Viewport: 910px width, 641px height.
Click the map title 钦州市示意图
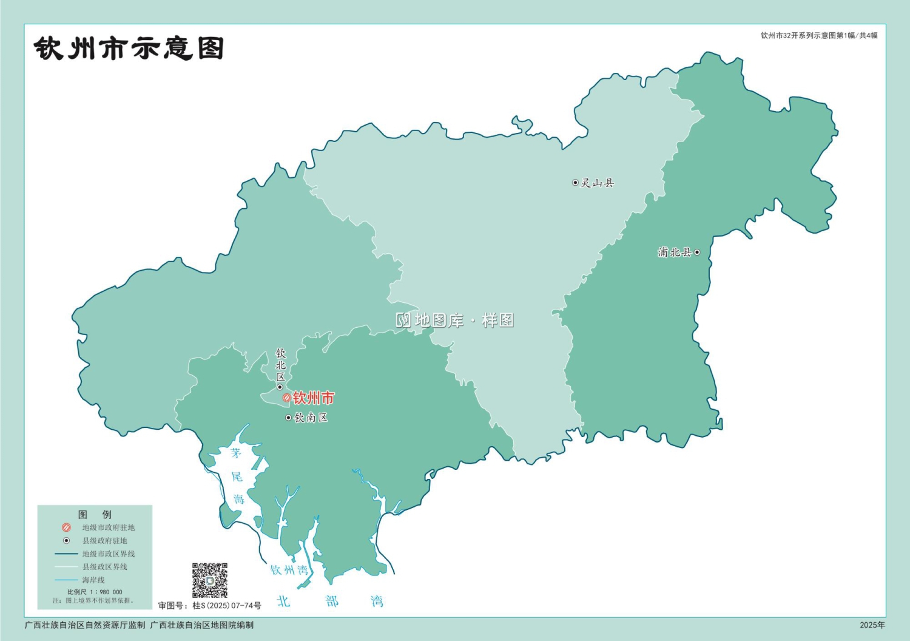tap(129, 49)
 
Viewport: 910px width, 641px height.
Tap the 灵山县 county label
tap(598, 183)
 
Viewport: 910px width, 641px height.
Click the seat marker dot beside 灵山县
tap(575, 183)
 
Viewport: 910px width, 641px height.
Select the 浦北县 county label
tap(674, 252)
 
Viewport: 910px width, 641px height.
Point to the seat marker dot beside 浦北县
tap(697, 252)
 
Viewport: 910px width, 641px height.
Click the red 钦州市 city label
tap(314, 398)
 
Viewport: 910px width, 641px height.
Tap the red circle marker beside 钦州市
tap(287, 398)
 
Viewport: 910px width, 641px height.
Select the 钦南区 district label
tap(311, 418)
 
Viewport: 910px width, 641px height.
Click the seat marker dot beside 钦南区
tap(288, 418)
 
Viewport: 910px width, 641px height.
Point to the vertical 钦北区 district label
tap(280, 365)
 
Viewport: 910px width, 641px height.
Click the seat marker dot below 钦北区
tap(280, 387)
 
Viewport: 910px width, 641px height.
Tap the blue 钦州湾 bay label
tap(289, 570)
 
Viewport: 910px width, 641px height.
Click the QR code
tap(210, 580)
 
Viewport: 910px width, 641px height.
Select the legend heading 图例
tap(95, 515)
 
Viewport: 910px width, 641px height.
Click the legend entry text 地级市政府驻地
tap(109, 527)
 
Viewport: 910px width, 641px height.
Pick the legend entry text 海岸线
tap(93, 580)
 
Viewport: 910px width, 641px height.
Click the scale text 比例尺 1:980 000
tap(95, 592)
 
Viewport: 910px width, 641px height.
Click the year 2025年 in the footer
tap(872, 625)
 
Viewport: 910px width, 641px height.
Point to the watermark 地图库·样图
tap(455, 320)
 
